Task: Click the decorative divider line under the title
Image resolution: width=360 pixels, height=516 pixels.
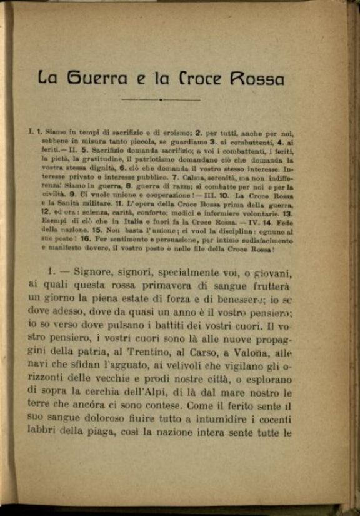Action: (161, 99)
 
